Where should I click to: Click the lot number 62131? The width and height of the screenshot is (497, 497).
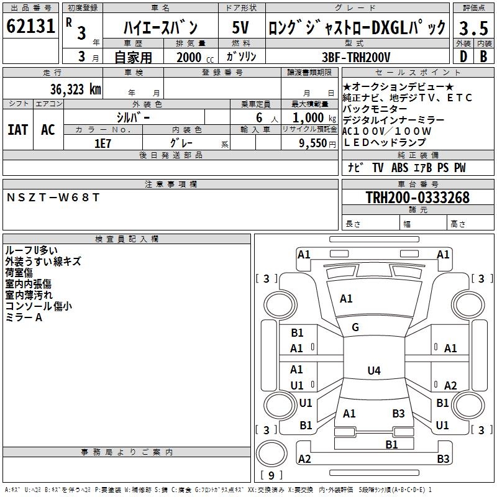pos(31,27)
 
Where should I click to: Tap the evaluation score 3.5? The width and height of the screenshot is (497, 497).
pos(473,28)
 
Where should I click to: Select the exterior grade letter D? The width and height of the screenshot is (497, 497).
pos(462,56)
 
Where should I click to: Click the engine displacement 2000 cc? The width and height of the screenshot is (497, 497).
pos(193,57)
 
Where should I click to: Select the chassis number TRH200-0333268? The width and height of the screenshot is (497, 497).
pos(417,198)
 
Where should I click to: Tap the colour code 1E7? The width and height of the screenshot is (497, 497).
pos(103,143)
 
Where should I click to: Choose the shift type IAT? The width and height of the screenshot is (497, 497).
pos(17,130)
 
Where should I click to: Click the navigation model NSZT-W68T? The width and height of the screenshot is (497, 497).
pos(53,198)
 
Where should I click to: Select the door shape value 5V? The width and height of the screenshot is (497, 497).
pos(240,28)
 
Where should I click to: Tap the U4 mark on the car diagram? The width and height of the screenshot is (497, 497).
pos(373,371)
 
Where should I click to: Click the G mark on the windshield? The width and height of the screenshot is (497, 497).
pos(355,327)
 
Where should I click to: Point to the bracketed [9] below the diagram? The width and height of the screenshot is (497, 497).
pos(270,476)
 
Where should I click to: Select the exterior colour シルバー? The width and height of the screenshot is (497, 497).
pos(133,117)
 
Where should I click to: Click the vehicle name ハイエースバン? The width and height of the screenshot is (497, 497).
pos(160,28)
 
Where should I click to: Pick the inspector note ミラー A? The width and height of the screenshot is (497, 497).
pos(24,317)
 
